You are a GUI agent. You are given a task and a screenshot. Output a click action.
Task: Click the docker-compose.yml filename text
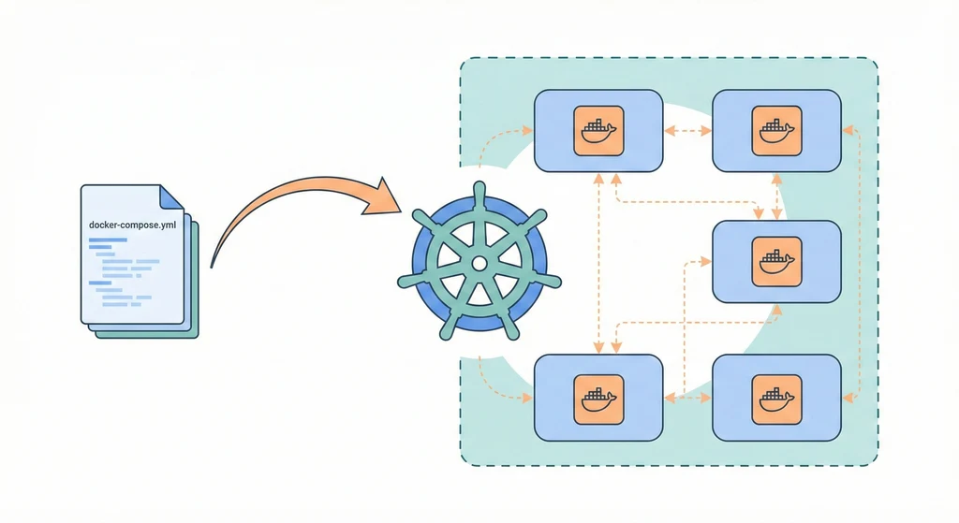(132, 225)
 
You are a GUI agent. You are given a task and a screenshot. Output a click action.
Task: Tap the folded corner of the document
(171, 196)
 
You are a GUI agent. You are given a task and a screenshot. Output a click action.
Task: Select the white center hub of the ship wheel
(479, 264)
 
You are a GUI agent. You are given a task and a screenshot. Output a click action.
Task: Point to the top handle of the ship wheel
(479, 190)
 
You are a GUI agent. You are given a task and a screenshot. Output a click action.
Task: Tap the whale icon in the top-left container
(598, 130)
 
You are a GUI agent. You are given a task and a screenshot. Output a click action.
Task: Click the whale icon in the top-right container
(776, 130)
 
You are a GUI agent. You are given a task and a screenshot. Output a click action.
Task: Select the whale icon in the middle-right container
(776, 261)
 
